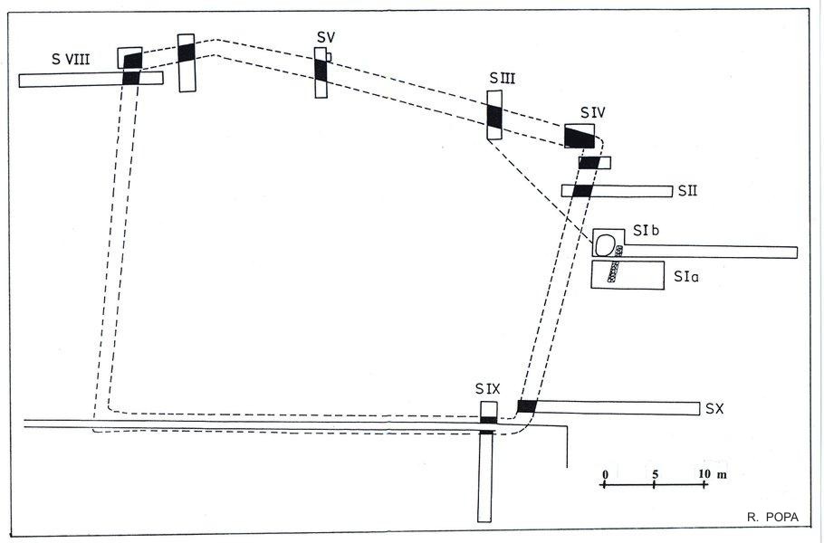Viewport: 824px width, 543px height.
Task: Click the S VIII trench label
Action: [71, 59]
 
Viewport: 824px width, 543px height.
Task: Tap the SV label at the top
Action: [326, 37]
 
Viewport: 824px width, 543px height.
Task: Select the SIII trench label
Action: [503, 78]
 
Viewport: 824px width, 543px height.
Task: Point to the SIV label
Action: [593, 112]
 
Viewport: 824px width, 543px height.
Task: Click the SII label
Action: [687, 191]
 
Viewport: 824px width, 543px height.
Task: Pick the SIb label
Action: [646, 230]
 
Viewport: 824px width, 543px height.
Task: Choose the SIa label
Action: [686, 276]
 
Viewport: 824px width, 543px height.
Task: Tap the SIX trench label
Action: [488, 389]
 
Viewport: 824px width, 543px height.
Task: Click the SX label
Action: [714, 408]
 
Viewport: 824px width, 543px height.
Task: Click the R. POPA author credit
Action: [772, 518]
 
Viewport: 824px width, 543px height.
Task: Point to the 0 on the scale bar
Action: [606, 475]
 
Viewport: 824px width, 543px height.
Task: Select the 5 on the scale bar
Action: [656, 474]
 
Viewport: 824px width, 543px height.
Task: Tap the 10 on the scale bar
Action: [704, 473]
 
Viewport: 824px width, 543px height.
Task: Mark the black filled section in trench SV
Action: [321, 70]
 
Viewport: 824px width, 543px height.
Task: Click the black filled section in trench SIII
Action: [494, 117]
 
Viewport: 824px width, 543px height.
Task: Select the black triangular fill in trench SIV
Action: [579, 138]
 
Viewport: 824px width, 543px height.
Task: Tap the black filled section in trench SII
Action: [582, 191]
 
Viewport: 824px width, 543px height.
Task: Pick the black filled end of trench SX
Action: [527, 406]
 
